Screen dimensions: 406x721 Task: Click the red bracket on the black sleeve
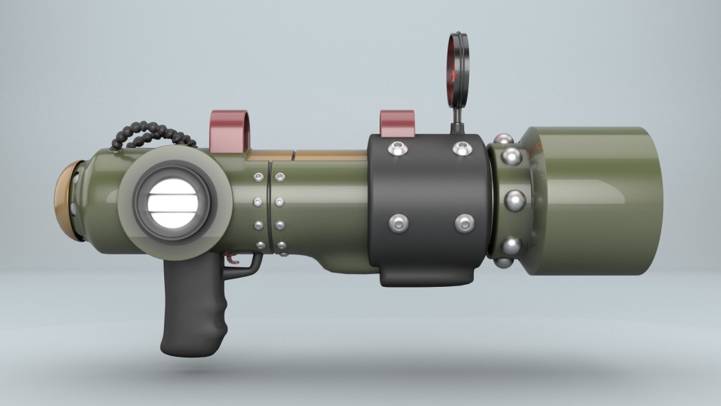[397, 123]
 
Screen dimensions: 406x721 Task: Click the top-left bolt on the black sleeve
[397, 149]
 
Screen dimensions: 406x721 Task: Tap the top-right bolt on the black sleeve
[461, 149]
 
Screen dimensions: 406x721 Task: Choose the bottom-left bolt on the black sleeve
[399, 223]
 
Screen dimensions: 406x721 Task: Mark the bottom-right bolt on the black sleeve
[464, 223]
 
